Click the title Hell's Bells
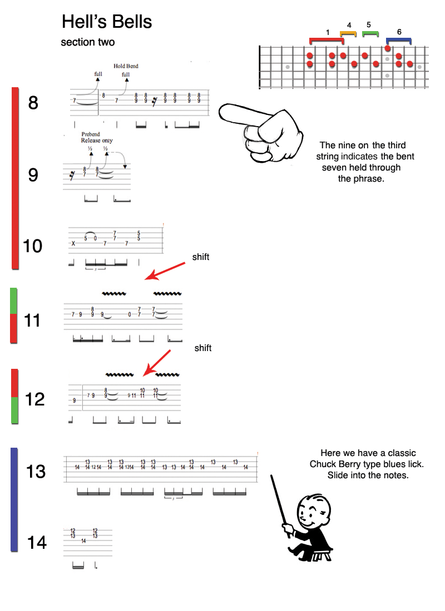coord(107,22)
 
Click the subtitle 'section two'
coord(88,42)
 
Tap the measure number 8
coord(33,103)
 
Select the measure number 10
coord(33,246)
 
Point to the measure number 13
coord(36,471)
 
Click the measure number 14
coord(37,542)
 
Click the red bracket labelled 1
coord(327,40)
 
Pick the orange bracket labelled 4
coord(348,33)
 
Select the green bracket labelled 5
coord(370,33)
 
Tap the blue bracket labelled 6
coord(399,40)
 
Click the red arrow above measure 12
coord(156,363)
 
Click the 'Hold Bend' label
coord(126,66)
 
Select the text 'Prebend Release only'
coord(97,137)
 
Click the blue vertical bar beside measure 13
coord(14,499)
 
